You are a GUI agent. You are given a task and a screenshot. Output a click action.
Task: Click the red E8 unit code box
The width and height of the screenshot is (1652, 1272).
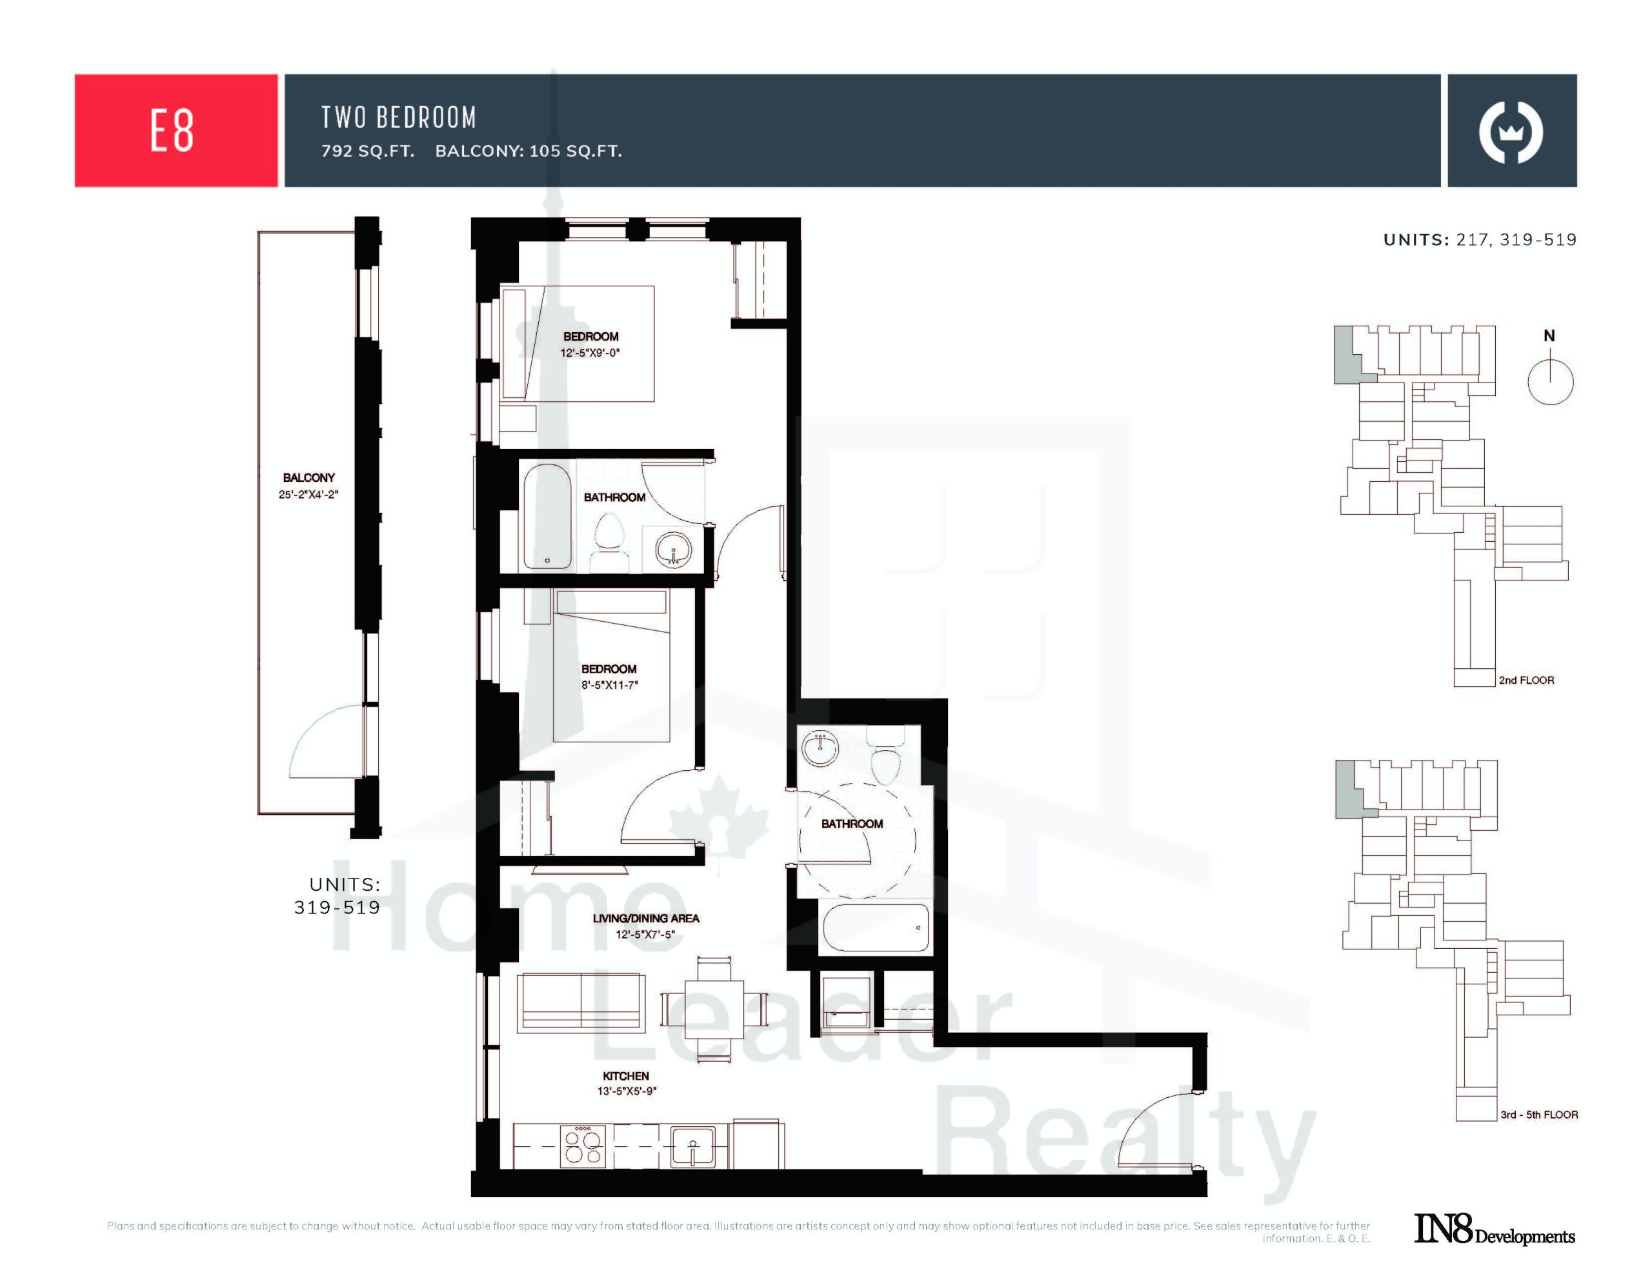click(176, 130)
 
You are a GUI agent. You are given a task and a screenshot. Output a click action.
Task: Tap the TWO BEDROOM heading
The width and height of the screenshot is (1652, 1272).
click(399, 117)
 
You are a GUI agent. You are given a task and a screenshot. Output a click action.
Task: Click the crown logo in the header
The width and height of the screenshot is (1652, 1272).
click(1511, 132)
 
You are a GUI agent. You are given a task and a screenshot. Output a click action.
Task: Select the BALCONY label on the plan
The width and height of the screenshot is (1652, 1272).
click(308, 478)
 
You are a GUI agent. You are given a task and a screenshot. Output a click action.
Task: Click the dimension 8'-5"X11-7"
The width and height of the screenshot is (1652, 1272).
click(610, 685)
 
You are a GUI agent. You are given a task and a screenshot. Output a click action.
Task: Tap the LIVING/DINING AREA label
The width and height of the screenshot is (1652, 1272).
click(646, 918)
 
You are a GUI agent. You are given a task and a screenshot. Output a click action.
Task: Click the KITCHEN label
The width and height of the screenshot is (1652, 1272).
click(625, 1075)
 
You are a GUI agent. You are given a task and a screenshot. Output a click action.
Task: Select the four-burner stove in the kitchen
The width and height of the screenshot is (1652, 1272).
click(583, 1146)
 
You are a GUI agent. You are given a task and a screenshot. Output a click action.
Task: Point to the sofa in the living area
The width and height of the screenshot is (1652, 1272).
click(581, 1003)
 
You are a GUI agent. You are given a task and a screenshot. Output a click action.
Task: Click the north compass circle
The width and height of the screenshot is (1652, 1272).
click(1550, 382)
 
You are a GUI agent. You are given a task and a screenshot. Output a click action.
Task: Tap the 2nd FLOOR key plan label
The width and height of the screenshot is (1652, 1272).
click(1526, 680)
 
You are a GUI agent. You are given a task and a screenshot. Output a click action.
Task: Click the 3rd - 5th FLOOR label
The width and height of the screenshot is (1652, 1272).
click(1539, 1115)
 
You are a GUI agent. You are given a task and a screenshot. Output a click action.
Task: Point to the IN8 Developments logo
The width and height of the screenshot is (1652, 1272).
click(1495, 1229)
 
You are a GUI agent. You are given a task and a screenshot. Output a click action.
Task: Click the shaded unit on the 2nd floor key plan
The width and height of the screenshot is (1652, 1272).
click(1345, 355)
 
